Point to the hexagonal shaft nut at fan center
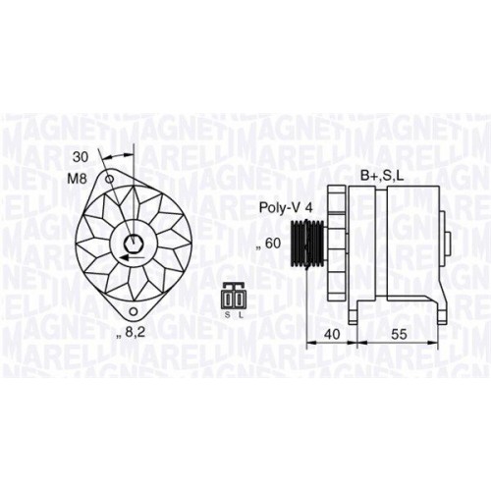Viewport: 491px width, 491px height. pyautogui.click(x=134, y=245)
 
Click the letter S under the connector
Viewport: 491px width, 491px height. pyautogui.click(x=228, y=314)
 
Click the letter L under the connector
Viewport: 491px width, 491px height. pyautogui.click(x=241, y=314)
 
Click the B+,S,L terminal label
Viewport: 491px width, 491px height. pyautogui.click(x=380, y=177)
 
